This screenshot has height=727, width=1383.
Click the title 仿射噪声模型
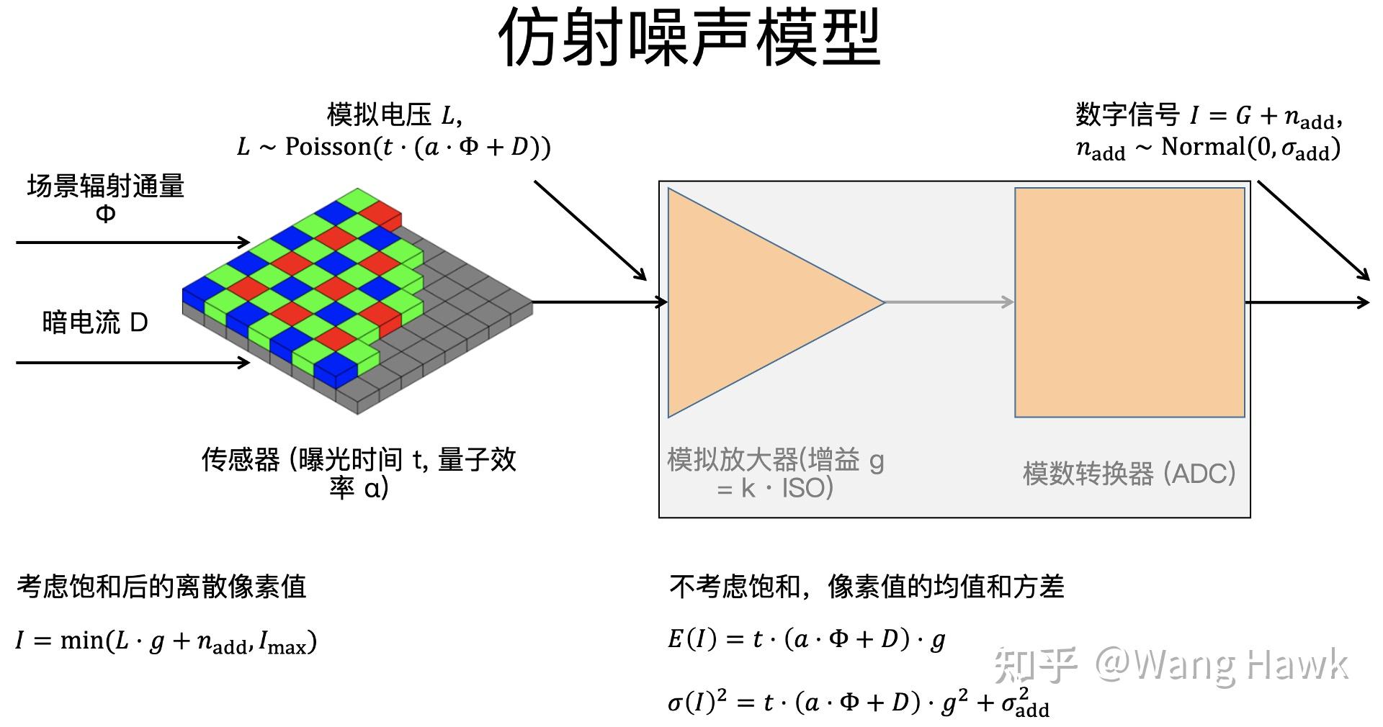tap(689, 37)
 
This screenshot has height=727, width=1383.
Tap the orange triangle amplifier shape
tap(749, 302)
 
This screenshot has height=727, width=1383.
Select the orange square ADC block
tap(1129, 302)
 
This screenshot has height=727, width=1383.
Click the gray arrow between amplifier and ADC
tap(949, 302)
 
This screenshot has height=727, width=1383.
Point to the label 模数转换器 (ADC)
tap(1129, 474)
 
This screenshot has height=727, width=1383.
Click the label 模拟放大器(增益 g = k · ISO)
tap(775, 474)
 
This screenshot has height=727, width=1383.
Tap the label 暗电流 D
tap(95, 322)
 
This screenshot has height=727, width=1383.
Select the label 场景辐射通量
tap(106, 186)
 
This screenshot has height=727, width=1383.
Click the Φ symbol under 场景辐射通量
tap(105, 214)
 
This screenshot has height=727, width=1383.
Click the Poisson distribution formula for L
tap(394, 148)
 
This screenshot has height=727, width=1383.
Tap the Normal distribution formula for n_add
tap(1208, 149)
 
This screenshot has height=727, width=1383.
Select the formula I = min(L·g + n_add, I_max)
tap(166, 641)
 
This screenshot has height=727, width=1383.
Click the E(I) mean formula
tap(807, 639)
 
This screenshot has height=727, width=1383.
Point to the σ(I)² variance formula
tap(859, 703)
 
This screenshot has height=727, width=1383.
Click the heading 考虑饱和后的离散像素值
tap(161, 587)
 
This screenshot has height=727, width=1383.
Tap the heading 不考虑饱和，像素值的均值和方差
tap(867, 587)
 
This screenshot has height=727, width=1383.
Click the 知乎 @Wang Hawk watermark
tap(1171, 664)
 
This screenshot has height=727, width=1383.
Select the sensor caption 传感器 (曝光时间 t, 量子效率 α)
tap(359, 473)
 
